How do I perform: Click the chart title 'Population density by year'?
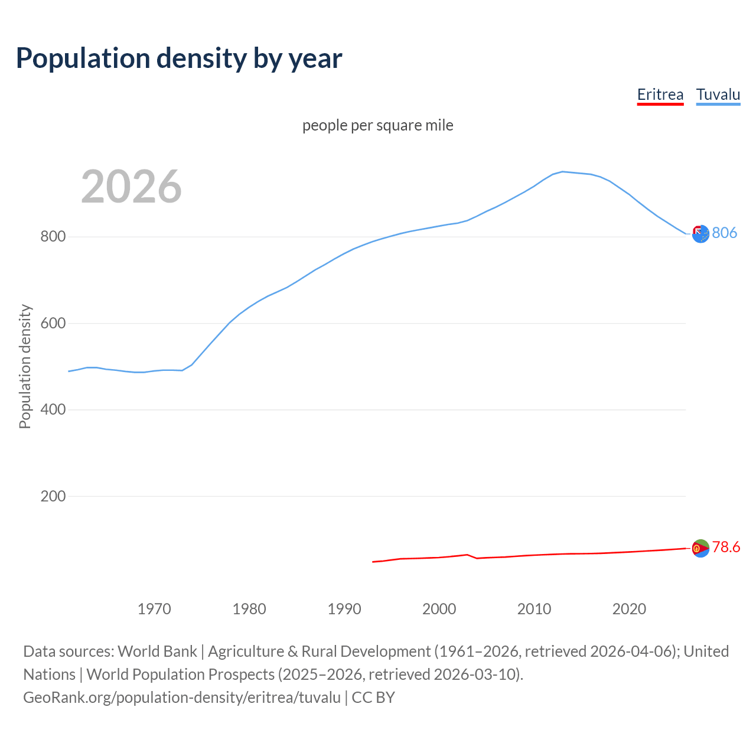(x=179, y=58)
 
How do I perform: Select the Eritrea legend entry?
(x=660, y=94)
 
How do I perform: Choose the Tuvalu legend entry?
(x=718, y=94)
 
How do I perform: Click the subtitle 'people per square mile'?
(x=377, y=126)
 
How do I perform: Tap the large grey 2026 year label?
(x=131, y=187)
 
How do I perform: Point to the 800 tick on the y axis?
(x=53, y=237)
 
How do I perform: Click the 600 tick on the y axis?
(x=53, y=324)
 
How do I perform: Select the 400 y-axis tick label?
(x=53, y=410)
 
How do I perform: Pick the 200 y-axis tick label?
(x=53, y=496)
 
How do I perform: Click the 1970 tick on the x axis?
(x=154, y=609)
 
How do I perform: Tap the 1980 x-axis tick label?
(x=249, y=609)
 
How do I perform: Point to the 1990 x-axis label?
(x=344, y=609)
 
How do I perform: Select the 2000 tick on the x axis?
(x=439, y=609)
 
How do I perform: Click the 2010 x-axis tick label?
(x=534, y=609)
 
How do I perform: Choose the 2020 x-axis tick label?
(x=629, y=609)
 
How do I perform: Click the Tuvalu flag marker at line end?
(x=700, y=234)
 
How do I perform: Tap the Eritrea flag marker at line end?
(x=700, y=549)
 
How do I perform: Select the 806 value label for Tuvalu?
(x=724, y=233)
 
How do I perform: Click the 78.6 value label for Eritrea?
(x=726, y=548)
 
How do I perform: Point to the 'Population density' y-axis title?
(x=25, y=366)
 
